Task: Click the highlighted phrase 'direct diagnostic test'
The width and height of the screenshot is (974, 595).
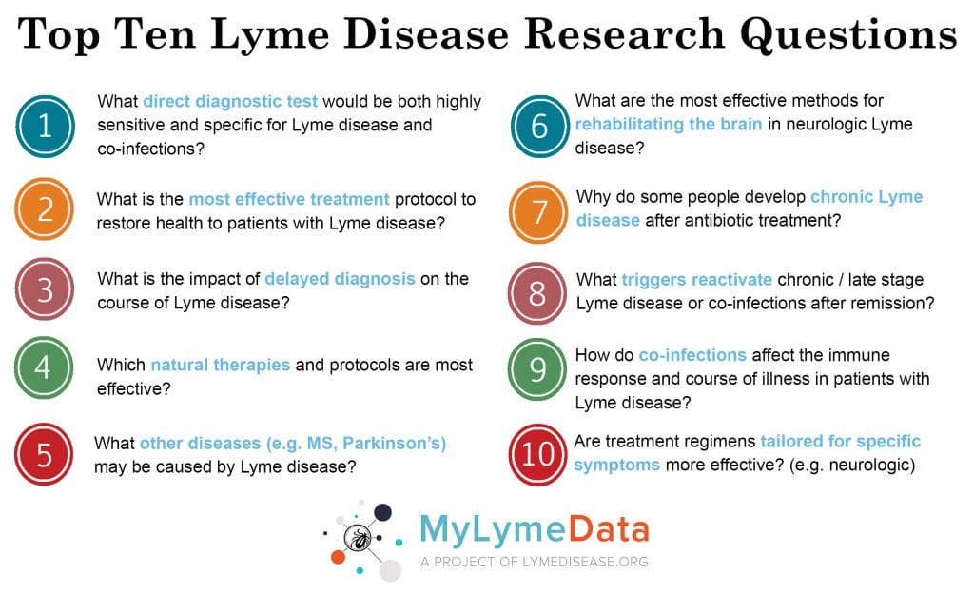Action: pos(230,101)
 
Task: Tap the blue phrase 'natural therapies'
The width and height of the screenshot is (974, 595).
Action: pos(221,365)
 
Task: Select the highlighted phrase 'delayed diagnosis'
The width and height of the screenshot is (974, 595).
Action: pos(340,279)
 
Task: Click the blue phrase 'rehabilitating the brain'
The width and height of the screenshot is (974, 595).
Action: pos(669,124)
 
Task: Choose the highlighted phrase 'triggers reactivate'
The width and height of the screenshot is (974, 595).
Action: pos(697,280)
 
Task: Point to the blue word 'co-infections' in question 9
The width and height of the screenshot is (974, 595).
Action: pos(692,355)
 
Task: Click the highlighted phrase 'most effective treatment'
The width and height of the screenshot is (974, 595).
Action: pos(289,199)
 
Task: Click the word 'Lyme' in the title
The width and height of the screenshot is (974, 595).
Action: pos(270,34)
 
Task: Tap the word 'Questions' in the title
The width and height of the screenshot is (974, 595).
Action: pos(848,34)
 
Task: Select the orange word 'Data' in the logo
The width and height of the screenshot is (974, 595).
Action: pos(609,529)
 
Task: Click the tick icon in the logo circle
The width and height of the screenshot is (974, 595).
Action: pos(358,539)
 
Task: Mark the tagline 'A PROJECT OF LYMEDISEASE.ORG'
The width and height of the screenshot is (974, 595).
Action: pos(535,562)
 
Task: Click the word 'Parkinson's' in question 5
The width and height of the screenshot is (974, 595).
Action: pos(395,444)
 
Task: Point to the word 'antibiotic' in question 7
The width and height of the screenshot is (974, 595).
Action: pos(708,220)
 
